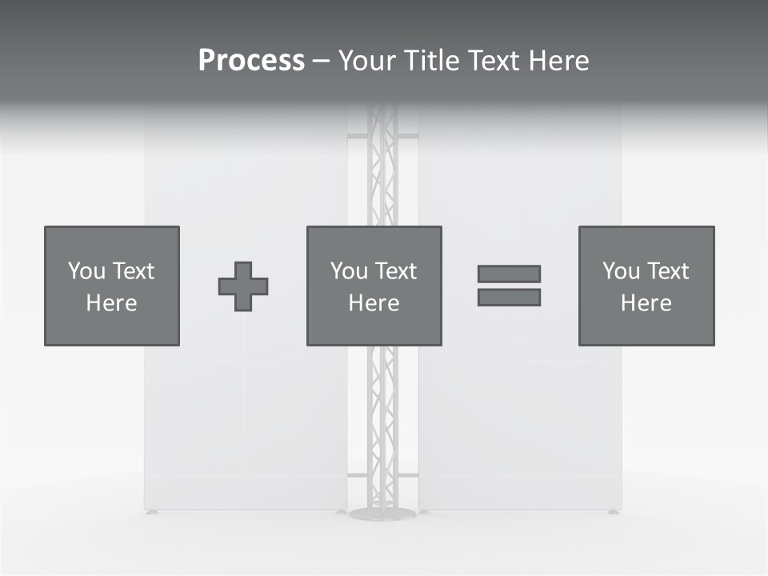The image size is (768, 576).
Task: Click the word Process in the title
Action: [251, 61]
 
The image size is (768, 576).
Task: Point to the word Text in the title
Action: [493, 61]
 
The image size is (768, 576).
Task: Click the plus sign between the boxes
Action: [243, 286]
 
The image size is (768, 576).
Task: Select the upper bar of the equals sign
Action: [509, 274]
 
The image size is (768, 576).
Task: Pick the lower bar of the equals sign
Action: [509, 298]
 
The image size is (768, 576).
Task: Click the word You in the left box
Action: [86, 271]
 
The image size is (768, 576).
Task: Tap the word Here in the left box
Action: [111, 303]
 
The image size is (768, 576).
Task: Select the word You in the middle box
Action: [349, 271]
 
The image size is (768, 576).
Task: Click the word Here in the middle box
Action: [374, 303]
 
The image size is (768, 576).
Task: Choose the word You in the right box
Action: [621, 271]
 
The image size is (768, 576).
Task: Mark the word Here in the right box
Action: [646, 303]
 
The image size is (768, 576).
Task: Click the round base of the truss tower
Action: [382, 514]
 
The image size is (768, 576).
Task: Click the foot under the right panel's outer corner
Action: [614, 512]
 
